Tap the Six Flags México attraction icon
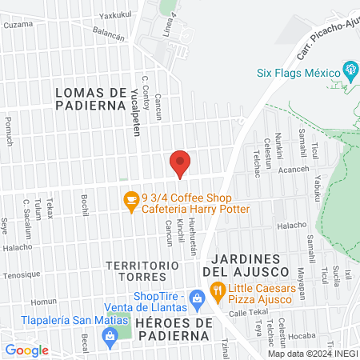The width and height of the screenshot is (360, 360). tap(349, 70)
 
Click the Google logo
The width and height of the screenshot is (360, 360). tap(26, 350)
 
